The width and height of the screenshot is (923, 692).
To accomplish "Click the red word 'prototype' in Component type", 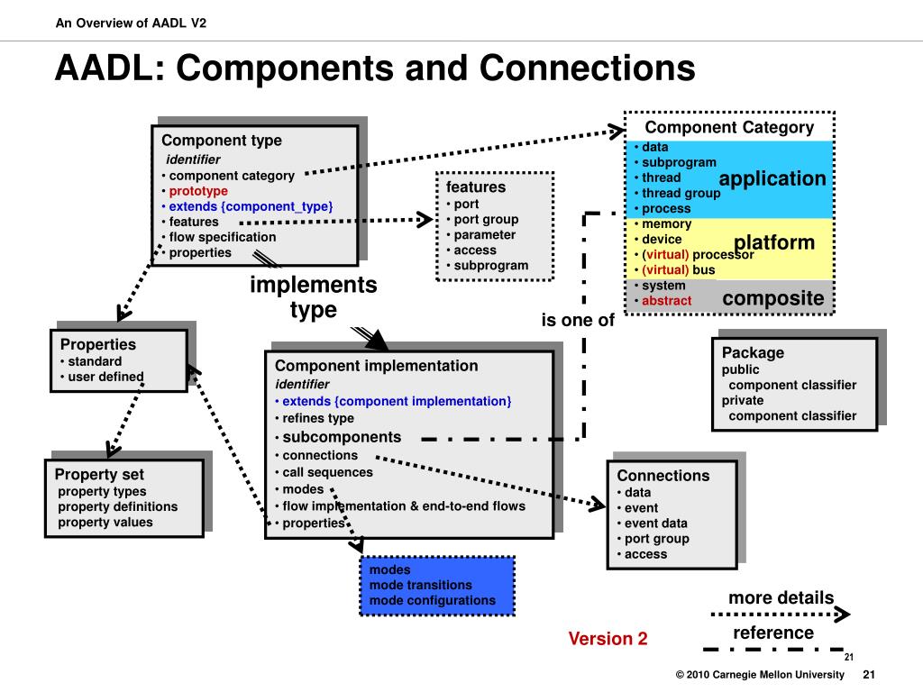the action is [198, 191].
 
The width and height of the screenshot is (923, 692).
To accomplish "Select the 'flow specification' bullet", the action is [223, 237].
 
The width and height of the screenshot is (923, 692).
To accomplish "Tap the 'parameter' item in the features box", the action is [484, 235].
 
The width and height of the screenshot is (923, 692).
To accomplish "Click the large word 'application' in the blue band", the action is [772, 178].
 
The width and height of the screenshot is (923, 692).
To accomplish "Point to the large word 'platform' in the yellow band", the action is [774, 242].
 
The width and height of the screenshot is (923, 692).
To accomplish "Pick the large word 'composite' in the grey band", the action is [772, 298].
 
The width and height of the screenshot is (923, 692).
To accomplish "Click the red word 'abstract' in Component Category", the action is [666, 301].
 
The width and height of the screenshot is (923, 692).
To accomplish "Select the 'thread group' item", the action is [681, 193].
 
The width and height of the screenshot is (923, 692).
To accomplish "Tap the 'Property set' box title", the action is [99, 474].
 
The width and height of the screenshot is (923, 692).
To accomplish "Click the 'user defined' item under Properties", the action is [105, 377].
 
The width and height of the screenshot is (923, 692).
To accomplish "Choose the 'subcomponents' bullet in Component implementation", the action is [342, 437].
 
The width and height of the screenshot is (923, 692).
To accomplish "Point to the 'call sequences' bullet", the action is [327, 472].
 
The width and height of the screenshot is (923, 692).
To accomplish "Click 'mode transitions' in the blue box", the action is [420, 585].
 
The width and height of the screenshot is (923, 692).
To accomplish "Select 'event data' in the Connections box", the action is [656, 524].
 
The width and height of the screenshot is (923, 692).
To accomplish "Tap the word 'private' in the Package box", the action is [743, 401].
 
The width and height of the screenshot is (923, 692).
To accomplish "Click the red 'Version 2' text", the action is [608, 639].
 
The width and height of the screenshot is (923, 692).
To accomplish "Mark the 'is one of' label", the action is [578, 320].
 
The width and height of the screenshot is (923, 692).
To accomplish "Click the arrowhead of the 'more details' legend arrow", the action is [844, 615].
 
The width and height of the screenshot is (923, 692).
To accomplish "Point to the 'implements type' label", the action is [313, 297].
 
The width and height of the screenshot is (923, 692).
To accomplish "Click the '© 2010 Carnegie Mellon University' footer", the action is [760, 674].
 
